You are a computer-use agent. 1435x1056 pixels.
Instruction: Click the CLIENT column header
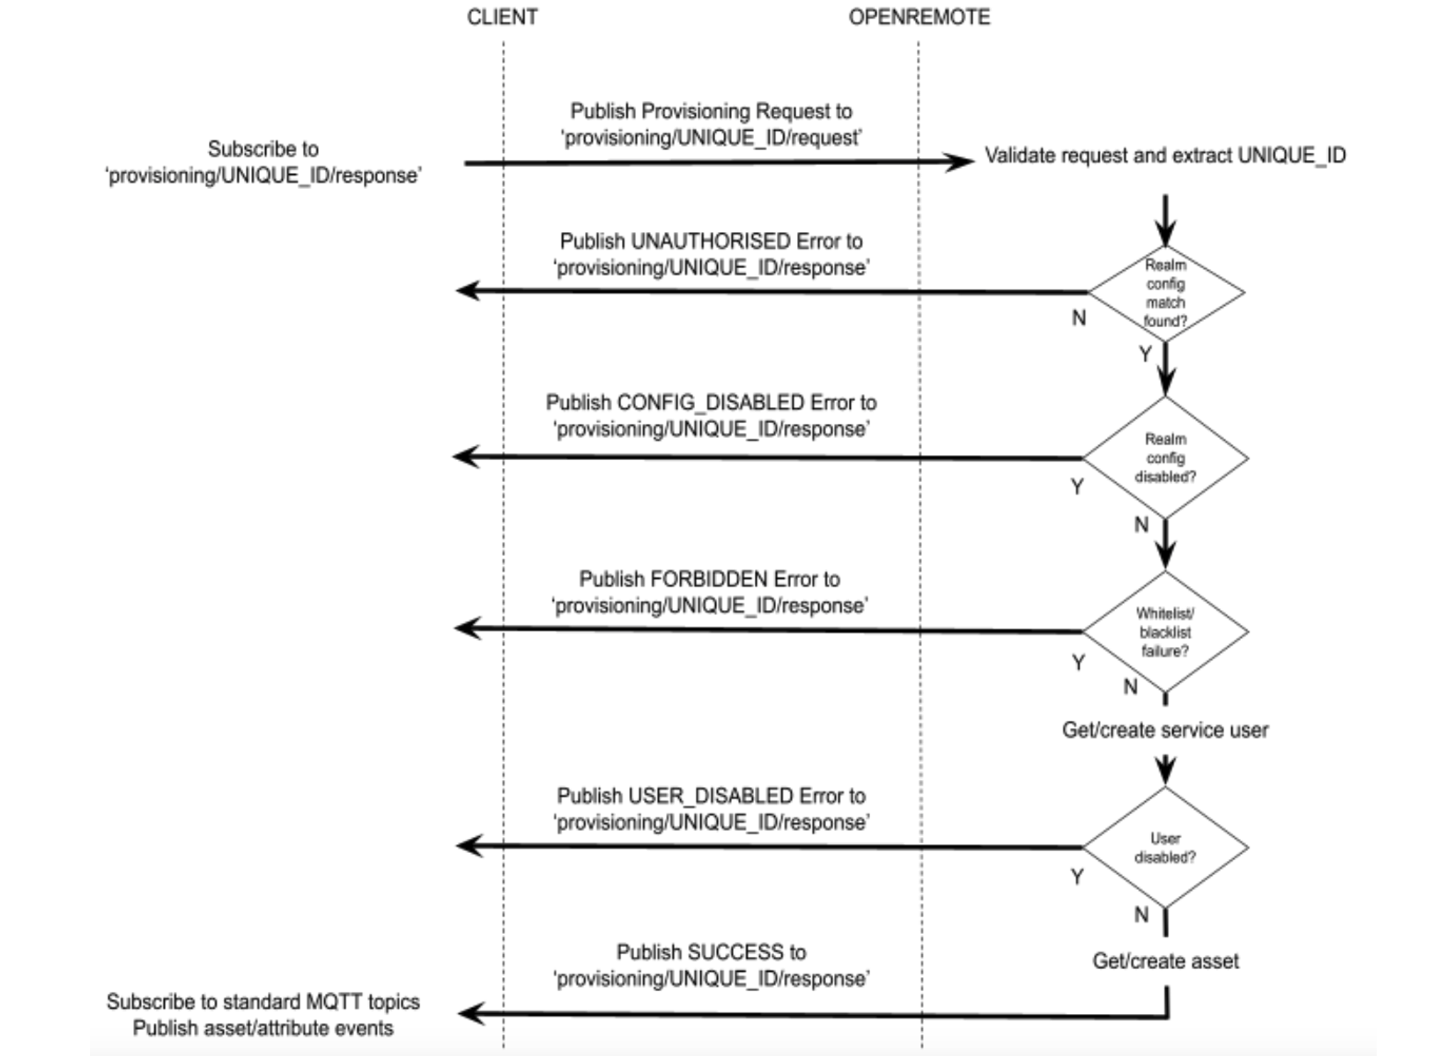coord(501,17)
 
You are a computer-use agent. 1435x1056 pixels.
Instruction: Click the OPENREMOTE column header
coord(919,17)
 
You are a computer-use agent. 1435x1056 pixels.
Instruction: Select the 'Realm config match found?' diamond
coord(1165,292)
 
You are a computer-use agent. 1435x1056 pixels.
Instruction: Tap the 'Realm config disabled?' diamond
coord(1165,458)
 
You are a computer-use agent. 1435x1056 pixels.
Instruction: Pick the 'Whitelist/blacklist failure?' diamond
coord(1165,632)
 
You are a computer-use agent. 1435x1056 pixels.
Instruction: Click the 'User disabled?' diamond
coord(1165,848)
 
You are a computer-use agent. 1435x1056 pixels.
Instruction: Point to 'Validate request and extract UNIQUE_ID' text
coord(1165,156)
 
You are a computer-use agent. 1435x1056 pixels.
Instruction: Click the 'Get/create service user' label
coord(1165,730)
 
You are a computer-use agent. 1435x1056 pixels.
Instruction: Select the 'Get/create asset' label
coord(1165,961)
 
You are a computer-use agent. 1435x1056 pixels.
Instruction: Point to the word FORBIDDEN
coord(709,579)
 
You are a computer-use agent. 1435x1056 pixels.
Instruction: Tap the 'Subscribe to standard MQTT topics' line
coord(263,1002)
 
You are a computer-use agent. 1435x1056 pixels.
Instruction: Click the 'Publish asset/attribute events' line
coord(263,1028)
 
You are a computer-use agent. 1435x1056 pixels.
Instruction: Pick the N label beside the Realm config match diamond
coord(1079,318)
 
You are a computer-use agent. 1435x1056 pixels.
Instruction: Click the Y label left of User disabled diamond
coord(1078,877)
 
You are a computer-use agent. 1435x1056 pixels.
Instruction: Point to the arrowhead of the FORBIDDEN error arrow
coord(467,628)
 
